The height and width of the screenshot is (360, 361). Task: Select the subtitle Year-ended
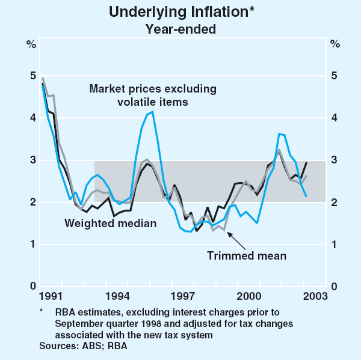(180, 27)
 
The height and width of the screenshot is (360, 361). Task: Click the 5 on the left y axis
(31, 76)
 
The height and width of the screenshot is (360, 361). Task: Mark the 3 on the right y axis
(335, 160)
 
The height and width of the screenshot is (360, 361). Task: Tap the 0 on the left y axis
(31, 287)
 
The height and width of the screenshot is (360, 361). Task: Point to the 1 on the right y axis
(335, 245)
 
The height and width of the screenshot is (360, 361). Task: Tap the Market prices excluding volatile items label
(152, 95)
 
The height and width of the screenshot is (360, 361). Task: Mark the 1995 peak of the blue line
(152, 112)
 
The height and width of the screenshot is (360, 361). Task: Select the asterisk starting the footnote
(42, 311)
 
